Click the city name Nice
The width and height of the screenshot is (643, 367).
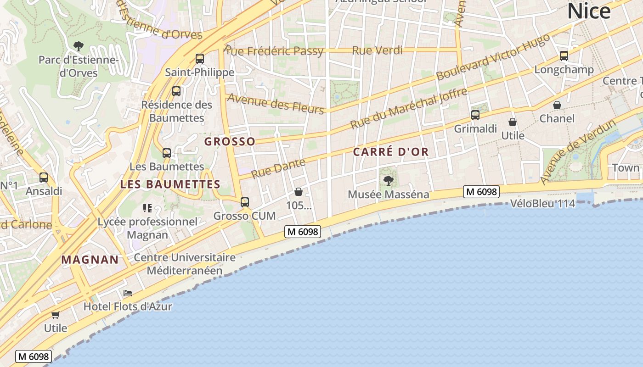coord(589,11)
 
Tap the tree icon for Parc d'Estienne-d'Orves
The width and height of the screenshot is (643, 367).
coord(79,46)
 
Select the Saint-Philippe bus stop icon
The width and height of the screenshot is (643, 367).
coord(199,59)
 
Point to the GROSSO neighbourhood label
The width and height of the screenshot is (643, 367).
coord(230,141)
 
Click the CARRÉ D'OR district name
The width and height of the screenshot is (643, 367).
coord(391,152)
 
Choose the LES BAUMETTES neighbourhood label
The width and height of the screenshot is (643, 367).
coord(170,184)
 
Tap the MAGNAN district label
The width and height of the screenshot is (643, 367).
coord(90,260)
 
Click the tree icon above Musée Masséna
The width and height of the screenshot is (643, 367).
coord(389,180)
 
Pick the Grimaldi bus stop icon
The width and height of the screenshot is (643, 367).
coord(475,115)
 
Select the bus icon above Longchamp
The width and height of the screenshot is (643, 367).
coord(564,56)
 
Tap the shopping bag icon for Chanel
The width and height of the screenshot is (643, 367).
coord(557,105)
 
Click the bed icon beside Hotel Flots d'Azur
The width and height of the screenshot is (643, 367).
coord(128,293)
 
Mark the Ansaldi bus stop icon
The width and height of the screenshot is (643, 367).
coord(44,177)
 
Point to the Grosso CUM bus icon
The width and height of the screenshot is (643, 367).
coord(245,202)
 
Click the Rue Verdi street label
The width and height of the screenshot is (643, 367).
coord(377,50)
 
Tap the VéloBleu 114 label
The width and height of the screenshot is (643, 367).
coord(542,203)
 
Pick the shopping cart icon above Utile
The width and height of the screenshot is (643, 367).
coord(56,315)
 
